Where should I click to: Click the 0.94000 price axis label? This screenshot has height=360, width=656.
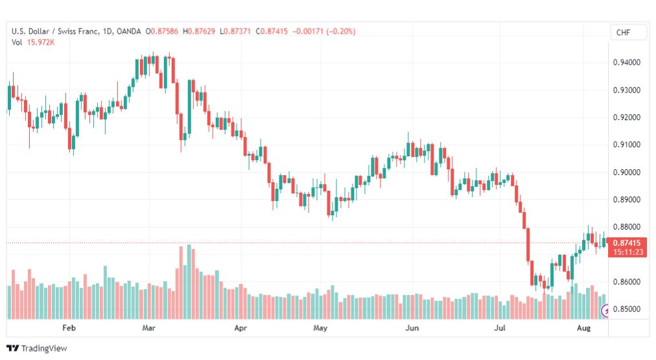(626, 62)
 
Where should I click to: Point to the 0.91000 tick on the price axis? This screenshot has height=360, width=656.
(626, 145)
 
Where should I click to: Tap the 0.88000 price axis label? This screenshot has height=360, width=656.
(626, 227)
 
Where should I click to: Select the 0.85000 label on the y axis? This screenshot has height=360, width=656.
(626, 309)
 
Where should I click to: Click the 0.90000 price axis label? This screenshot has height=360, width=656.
(626, 172)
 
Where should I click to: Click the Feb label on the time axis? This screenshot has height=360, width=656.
(69, 328)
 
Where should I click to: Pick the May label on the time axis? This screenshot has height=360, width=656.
(320, 328)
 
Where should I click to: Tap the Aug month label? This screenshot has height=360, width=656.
(583, 328)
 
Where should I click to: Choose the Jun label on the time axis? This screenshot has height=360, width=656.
(412, 328)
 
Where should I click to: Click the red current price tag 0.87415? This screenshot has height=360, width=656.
(627, 243)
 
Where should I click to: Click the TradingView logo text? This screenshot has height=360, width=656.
(44, 348)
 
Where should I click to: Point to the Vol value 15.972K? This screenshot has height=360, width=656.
(41, 42)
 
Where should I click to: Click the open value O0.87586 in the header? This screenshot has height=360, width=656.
(161, 31)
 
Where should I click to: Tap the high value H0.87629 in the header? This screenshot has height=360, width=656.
(199, 31)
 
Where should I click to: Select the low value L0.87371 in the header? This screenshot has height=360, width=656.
(235, 31)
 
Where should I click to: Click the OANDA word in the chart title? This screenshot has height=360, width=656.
(128, 31)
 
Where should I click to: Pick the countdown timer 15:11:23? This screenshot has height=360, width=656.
(628, 252)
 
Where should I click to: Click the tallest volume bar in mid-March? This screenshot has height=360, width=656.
(189, 282)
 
